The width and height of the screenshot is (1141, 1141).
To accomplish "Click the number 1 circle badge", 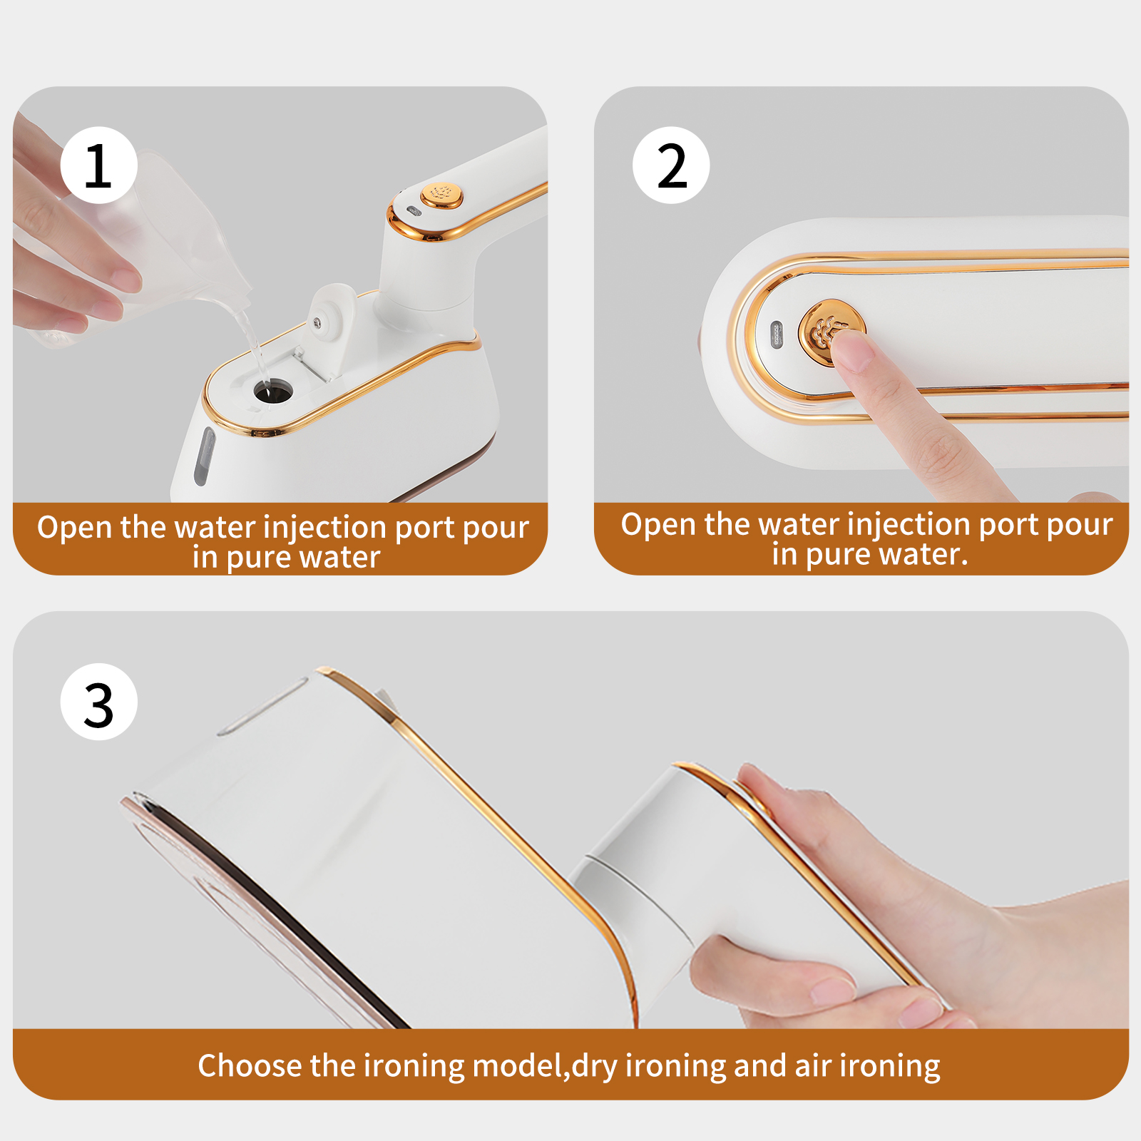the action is point(98,165).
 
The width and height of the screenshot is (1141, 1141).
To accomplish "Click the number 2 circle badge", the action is point(671,165).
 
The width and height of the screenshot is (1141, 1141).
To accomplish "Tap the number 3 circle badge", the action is point(98,702).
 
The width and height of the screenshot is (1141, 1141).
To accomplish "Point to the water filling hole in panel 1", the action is point(272,391).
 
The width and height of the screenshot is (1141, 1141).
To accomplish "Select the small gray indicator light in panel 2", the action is point(777,334).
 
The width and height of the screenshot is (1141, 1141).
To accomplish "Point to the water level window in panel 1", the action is point(205,456).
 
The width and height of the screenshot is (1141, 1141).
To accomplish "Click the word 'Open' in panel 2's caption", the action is point(658,525).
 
